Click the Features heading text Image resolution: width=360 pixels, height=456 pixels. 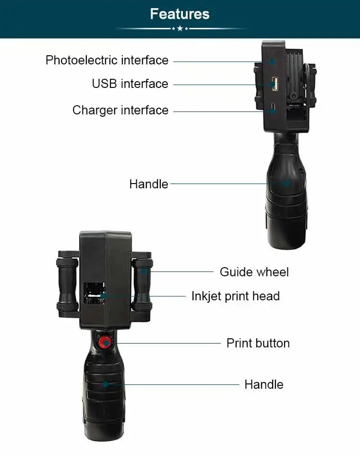click(x=180, y=13)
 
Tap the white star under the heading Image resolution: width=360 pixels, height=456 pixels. click(x=180, y=29)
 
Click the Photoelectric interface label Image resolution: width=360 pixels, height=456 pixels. click(x=107, y=60)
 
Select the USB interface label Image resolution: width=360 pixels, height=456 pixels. click(x=130, y=84)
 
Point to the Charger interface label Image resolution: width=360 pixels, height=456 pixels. click(x=120, y=110)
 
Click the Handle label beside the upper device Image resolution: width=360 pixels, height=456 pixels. click(x=148, y=184)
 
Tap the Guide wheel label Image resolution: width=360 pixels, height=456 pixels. click(x=254, y=272)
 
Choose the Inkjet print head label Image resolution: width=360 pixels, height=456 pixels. click(x=235, y=296)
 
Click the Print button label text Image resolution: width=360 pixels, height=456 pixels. click(x=258, y=343)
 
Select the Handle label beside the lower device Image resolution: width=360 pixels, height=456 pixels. click(x=264, y=384)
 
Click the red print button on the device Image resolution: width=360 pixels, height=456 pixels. click(x=104, y=343)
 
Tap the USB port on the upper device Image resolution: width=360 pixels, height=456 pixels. click(x=274, y=85)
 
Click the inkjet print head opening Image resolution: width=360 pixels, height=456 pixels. click(x=95, y=295)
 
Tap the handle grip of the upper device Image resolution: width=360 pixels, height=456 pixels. click(x=286, y=192)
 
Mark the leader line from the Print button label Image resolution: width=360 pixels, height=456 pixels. click(x=168, y=343)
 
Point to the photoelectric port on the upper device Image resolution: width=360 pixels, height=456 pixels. click(x=272, y=62)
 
